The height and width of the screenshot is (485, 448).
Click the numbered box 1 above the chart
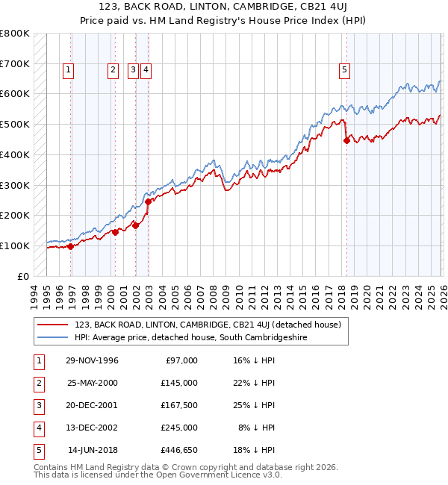68,71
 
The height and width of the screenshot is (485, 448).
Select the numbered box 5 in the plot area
345,71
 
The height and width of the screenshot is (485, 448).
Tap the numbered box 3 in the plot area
132,71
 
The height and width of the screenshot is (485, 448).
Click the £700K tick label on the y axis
14,64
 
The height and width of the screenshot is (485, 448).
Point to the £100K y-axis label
14,245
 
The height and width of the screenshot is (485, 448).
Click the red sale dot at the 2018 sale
346,140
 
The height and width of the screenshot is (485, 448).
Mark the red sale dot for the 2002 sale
148,201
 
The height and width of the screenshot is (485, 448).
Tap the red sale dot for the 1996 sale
71,246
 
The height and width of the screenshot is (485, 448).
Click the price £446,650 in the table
179,450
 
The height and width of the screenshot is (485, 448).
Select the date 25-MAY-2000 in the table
93,383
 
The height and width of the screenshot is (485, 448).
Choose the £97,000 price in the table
181,360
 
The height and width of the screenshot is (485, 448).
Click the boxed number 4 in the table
37,428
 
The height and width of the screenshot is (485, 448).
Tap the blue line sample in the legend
53,337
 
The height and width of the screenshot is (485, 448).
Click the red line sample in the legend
53,325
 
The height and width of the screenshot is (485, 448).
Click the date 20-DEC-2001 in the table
93,405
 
